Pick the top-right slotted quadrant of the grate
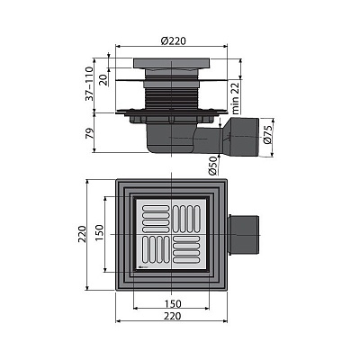pos(191,218)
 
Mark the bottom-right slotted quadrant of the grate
pos(191,254)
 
